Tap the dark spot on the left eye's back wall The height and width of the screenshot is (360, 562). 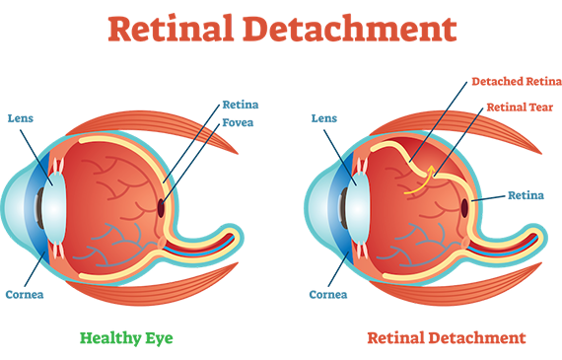[162, 207]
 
